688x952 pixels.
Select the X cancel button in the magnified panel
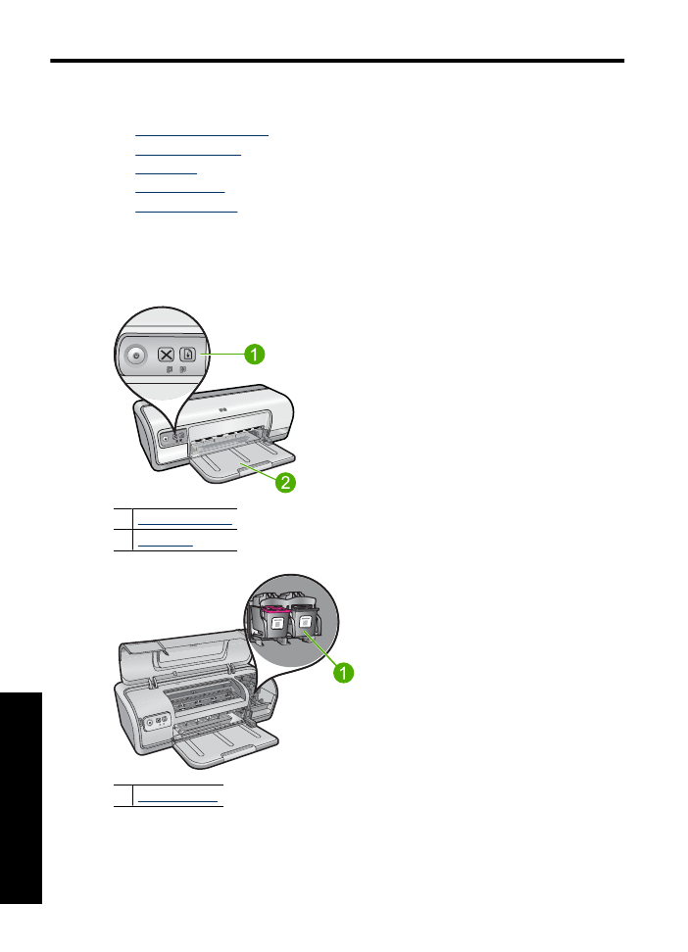point(166,355)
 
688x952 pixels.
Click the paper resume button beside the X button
point(189,355)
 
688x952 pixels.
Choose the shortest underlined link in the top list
point(166,170)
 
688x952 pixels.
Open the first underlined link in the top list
point(201,130)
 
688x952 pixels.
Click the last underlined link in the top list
point(186,210)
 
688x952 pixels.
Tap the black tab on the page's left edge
point(22,797)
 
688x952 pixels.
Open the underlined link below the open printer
point(178,800)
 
